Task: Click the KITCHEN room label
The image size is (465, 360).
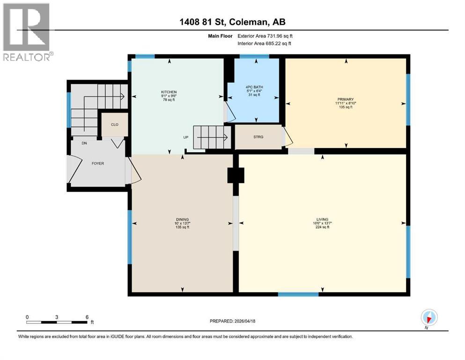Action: pyautogui.click(x=169, y=92)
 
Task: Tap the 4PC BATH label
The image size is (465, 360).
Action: pyautogui.click(x=253, y=87)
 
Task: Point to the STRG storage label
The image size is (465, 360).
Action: pyautogui.click(x=258, y=137)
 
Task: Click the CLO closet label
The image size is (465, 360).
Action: pyautogui.click(x=114, y=125)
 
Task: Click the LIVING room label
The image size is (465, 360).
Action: pyautogui.click(x=322, y=219)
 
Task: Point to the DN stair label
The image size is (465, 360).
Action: pyautogui.click(x=84, y=143)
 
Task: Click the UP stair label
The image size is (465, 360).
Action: pyautogui.click(x=186, y=138)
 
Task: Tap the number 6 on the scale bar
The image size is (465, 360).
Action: pyautogui.click(x=87, y=317)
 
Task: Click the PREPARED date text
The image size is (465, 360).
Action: pyautogui.click(x=232, y=321)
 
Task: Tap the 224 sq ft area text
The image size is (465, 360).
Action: pyautogui.click(x=322, y=227)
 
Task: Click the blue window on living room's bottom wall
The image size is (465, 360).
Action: pyautogui.click(x=298, y=294)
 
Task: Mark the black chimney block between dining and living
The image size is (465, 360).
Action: pyautogui.click(x=236, y=175)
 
